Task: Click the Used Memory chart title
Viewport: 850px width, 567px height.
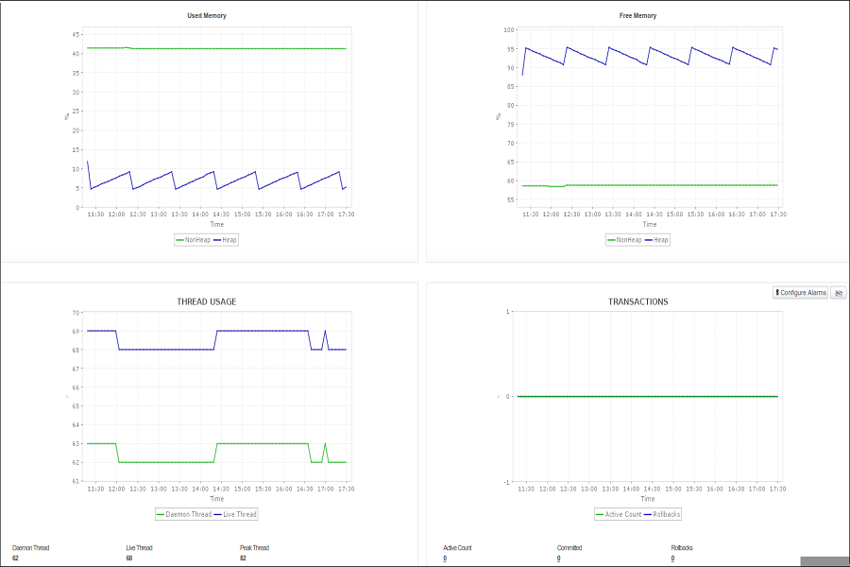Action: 206,16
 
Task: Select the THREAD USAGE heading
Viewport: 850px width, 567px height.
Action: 207,302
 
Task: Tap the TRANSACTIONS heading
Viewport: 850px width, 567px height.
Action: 638,302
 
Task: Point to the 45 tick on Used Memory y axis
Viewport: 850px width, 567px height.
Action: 75,34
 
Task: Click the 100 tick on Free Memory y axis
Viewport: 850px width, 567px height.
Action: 508,30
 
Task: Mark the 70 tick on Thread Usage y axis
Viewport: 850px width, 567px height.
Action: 75,313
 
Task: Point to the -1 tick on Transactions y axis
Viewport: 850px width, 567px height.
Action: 507,482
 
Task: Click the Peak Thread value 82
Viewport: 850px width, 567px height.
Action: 243,558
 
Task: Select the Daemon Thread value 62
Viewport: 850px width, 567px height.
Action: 15,558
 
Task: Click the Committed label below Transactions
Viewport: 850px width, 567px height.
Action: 569,548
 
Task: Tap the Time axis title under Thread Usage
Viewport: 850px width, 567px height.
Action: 216,499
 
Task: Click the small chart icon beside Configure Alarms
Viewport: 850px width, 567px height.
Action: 839,293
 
